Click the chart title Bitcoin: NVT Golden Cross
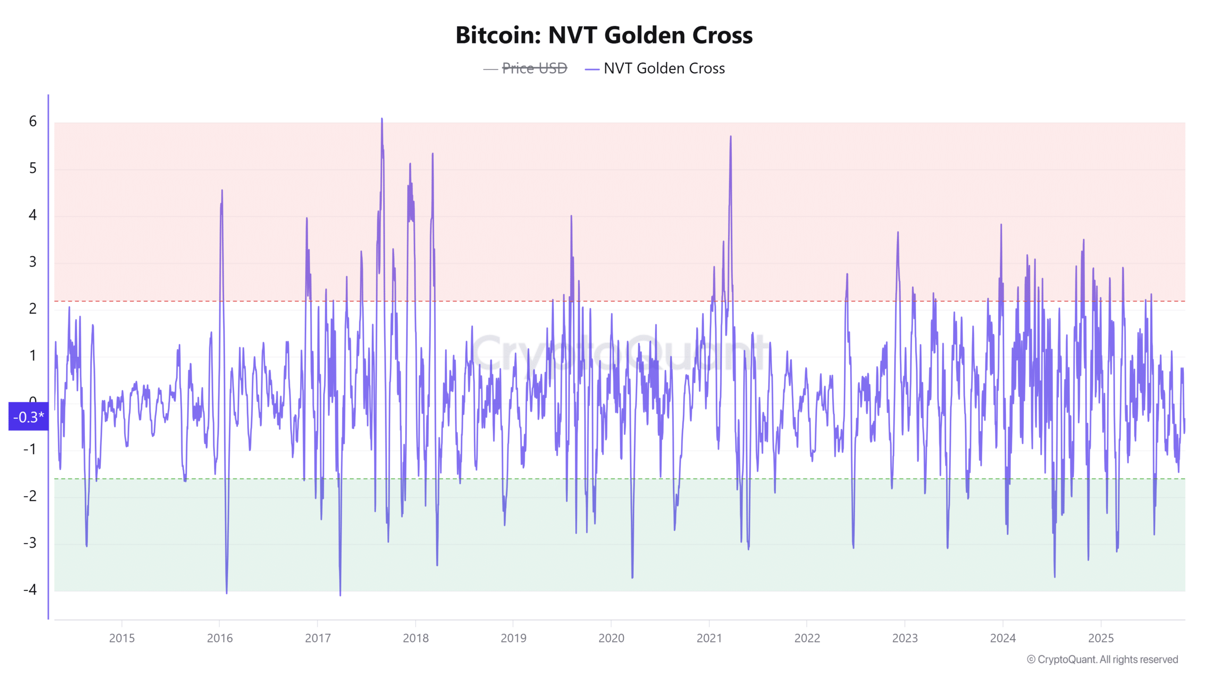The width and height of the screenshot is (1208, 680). [604, 35]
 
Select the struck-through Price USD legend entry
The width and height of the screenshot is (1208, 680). [534, 68]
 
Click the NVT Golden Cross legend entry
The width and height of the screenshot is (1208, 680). [663, 68]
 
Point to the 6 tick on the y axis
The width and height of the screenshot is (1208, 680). [33, 121]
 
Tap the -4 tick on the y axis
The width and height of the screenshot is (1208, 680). [30, 589]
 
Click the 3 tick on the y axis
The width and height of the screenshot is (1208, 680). [33, 262]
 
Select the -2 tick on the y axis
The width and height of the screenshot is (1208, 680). [30, 496]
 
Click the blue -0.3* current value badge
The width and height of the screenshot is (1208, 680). [28, 416]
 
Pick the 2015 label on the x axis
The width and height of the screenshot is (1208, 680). [122, 638]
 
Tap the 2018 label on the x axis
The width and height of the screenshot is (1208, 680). [416, 638]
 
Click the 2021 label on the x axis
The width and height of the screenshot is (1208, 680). [709, 638]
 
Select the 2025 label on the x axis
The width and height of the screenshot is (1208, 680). [1101, 638]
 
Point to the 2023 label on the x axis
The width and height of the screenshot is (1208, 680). [905, 638]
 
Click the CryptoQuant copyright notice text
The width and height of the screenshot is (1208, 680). [1102, 659]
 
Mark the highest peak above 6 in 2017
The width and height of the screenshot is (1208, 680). [382, 119]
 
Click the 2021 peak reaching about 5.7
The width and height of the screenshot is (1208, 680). [730, 137]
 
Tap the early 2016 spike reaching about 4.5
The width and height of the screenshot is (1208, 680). [222, 191]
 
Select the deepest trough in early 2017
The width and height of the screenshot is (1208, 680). [340, 594]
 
